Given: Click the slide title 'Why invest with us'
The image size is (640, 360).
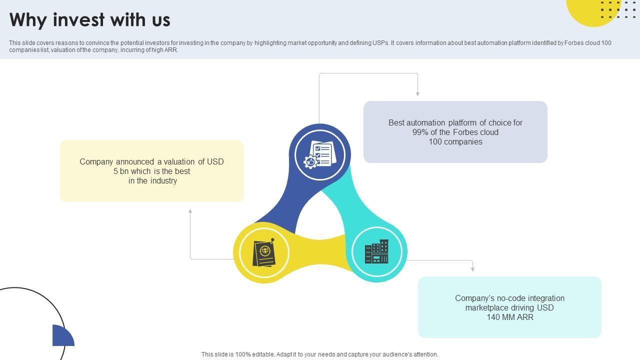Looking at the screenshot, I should pos(90,20).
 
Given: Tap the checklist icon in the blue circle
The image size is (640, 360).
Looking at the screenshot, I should pos(320,154).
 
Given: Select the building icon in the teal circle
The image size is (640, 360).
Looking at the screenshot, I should pos(376,252).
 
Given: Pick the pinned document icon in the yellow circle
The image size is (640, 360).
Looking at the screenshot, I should pos(264,252).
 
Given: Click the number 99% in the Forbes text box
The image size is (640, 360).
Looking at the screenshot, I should pos(421,132).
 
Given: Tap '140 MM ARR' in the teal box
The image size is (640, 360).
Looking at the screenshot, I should pos(509,317).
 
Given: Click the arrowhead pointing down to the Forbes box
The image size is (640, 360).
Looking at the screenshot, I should pos(417,93).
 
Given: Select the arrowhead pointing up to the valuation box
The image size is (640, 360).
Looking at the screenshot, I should pos(190,211).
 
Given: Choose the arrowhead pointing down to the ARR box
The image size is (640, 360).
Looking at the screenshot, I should pos(472,269).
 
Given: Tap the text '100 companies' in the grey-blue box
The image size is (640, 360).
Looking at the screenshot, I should pos(455,142).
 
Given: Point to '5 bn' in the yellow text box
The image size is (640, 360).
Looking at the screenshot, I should pos(121,171).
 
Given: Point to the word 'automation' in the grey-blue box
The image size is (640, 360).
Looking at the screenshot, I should pos(425,123).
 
